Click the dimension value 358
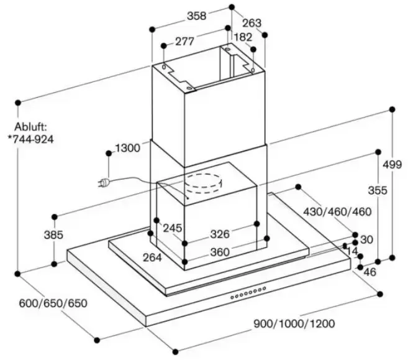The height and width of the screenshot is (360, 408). click(x=196, y=17)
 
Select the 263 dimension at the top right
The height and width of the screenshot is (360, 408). click(x=252, y=24)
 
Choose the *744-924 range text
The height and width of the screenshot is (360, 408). click(x=31, y=139)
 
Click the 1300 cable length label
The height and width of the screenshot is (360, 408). click(x=127, y=149)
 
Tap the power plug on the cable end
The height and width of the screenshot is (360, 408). click(x=104, y=183)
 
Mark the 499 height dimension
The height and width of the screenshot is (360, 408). click(x=392, y=165)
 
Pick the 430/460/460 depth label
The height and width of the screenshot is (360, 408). click(x=337, y=211)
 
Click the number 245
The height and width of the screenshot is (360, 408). click(x=172, y=228)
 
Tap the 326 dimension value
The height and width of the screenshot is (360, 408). click(x=220, y=234)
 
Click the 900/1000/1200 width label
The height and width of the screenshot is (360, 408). click(x=294, y=323)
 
